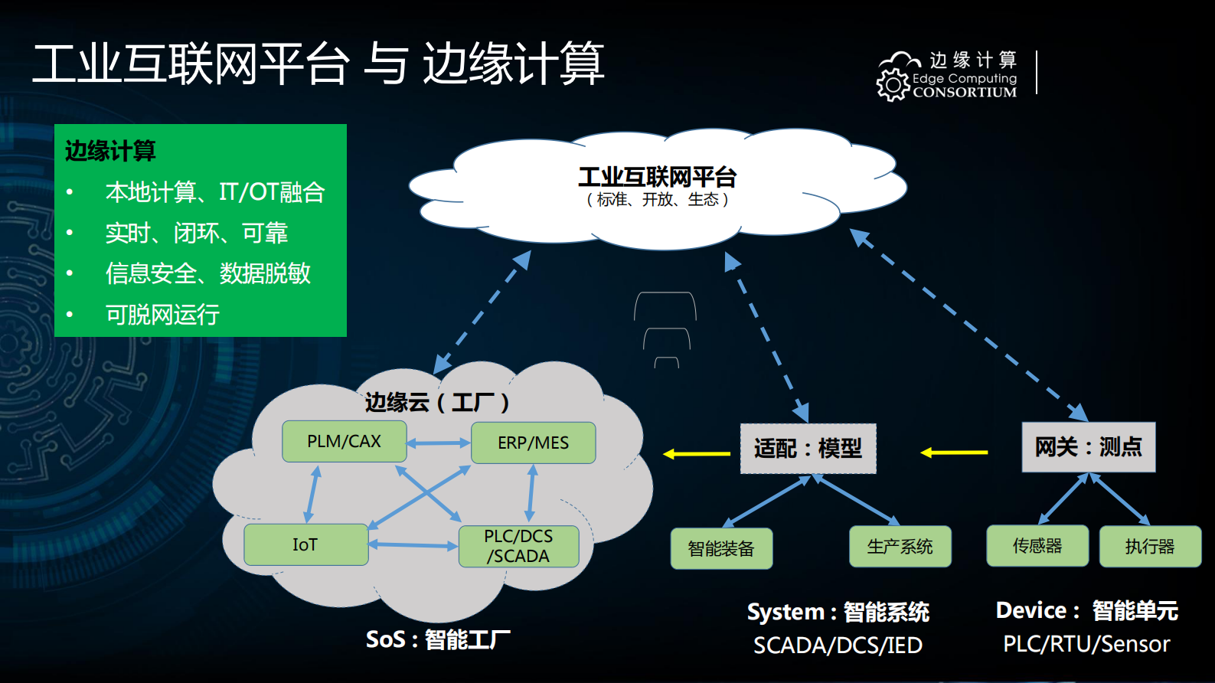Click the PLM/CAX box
click(344, 441)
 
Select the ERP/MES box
click(533, 443)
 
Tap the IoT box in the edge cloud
click(305, 544)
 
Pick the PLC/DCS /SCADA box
click(518, 546)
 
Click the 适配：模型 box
click(808, 449)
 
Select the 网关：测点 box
click(1088, 447)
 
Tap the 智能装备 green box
click(721, 548)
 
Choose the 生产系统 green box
click(900, 547)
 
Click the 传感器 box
click(1037, 546)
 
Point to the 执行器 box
click(1150, 547)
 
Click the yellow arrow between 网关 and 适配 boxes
click(954, 453)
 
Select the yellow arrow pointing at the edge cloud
click(697, 454)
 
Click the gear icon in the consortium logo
click(893, 84)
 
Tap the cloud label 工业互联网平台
click(657, 177)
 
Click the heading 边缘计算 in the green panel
click(110, 151)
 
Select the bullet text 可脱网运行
click(162, 315)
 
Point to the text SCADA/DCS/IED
click(838, 645)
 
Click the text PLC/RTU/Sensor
click(1086, 644)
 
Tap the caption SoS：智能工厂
click(437, 639)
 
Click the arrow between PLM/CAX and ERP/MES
click(438, 443)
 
